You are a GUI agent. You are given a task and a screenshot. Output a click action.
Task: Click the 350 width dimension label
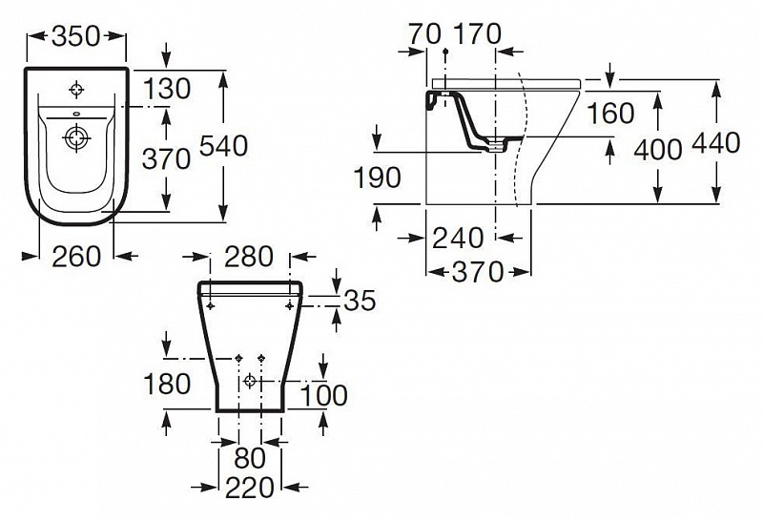[x=76, y=36]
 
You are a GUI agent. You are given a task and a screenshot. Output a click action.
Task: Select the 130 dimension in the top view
[x=168, y=89]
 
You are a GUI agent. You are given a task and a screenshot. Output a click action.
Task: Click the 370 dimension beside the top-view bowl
[x=167, y=158]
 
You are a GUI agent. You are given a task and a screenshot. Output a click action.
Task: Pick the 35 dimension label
[x=358, y=302]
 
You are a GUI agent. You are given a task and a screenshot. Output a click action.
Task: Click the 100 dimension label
[x=323, y=393]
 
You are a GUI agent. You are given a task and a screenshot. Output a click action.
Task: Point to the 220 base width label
[x=250, y=489]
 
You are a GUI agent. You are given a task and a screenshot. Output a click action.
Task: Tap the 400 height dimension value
[x=656, y=149]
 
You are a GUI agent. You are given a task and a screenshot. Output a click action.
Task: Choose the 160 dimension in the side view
[x=610, y=113]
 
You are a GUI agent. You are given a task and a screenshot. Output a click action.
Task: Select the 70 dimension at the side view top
[x=423, y=33]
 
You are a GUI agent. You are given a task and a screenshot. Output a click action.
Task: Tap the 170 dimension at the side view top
[x=477, y=33]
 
